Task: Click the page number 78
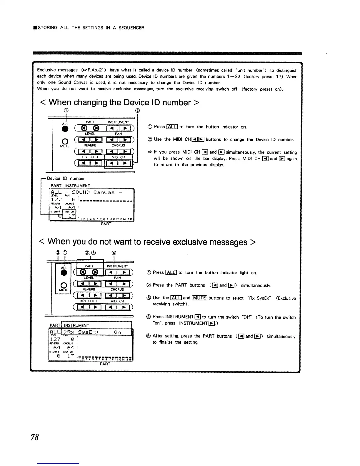[35, 437]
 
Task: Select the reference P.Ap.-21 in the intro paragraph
[94, 70]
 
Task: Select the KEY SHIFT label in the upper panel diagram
[90, 157]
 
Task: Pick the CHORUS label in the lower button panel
[117, 289]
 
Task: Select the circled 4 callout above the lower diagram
[114, 252]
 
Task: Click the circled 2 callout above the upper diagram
[137, 111]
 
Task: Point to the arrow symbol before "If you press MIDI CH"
[149, 152]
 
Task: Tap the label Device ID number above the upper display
[66, 179]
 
